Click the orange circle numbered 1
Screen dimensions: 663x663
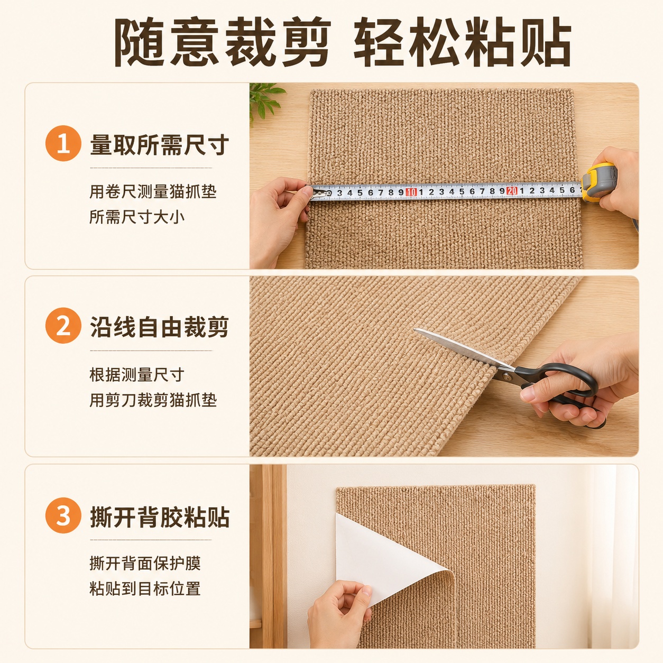63,143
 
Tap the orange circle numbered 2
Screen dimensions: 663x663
63,326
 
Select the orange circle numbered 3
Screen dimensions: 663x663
63,515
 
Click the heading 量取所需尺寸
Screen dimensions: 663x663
159,144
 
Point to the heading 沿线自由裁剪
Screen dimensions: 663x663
159,327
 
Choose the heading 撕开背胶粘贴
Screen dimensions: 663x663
159,517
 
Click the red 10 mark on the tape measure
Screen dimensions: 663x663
411,192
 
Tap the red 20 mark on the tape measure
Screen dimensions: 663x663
512,191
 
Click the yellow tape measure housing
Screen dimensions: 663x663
598,182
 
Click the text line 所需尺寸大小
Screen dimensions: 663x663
137,217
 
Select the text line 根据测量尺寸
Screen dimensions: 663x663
137,374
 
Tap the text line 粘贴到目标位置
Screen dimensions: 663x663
145,588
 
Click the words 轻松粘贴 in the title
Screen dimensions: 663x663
462,42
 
